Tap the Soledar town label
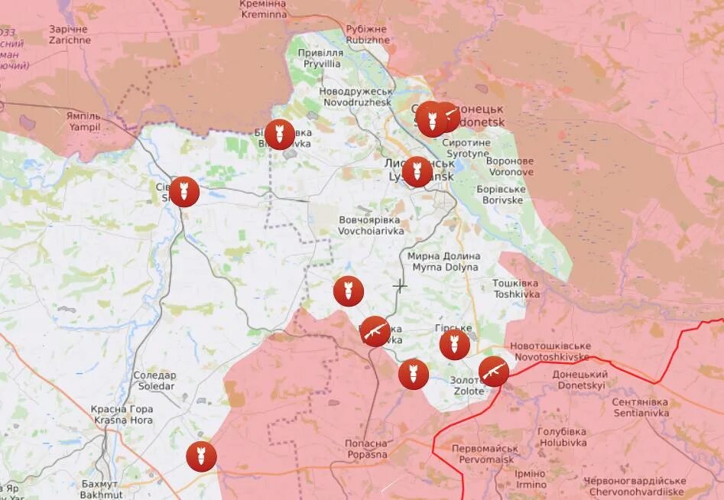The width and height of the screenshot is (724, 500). coord(154,381)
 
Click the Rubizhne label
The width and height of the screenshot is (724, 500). coord(366,34)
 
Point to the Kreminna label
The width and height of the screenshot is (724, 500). coord(262,10)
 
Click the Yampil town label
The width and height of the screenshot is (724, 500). coord(84,122)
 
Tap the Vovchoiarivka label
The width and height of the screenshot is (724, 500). coord(369,224)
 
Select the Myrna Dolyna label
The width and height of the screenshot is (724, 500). coord(445,261)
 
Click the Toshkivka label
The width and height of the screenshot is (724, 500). coord(516,288)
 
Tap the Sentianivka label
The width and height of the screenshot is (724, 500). coord(641,407)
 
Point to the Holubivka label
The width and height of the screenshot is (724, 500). coord(562,437)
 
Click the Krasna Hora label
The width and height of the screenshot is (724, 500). coord(122,414)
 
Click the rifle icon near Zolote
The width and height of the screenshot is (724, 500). coord(494,372)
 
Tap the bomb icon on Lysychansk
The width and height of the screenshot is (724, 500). coord(417,171)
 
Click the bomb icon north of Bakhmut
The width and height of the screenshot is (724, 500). coord(202,456)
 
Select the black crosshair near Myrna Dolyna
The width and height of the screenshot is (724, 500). coord(400,286)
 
